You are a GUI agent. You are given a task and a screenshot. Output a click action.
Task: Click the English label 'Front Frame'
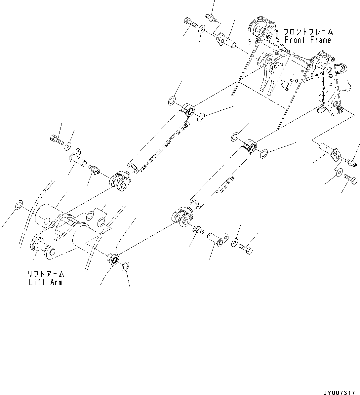coord(307,40)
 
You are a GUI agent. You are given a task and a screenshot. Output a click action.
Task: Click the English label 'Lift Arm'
coord(45,282)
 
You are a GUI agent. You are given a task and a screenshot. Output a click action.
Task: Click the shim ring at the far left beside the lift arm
coord(19,205)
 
